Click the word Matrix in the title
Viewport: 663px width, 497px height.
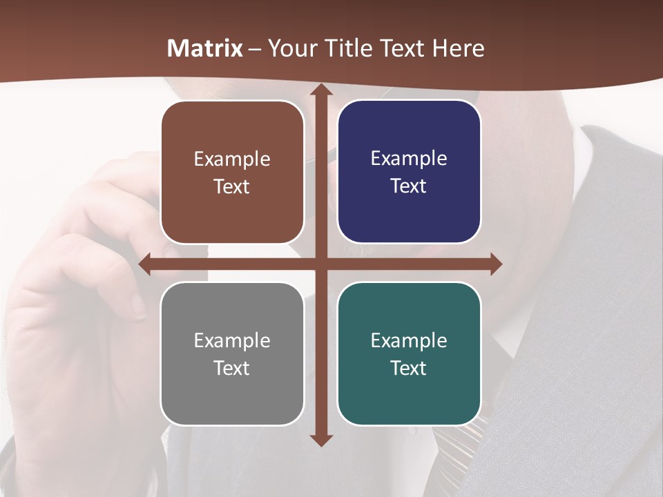click(205, 48)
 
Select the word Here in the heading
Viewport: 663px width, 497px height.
click(459, 48)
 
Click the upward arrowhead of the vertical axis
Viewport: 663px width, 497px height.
click(320, 90)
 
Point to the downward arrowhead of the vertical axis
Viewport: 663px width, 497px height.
click(320, 440)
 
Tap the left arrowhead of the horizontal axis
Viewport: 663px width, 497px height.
click(145, 264)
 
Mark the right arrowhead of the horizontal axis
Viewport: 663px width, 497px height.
click(495, 264)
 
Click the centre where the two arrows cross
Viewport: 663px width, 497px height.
click(320, 264)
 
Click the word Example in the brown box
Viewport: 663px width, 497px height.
click(232, 159)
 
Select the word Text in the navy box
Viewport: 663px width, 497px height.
click(409, 186)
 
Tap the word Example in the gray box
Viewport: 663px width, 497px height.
click(232, 340)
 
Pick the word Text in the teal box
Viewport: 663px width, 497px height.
click(409, 368)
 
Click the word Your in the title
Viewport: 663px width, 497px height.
click(286, 48)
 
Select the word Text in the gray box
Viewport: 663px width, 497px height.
click(232, 368)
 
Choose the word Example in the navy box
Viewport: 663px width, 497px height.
click(409, 159)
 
